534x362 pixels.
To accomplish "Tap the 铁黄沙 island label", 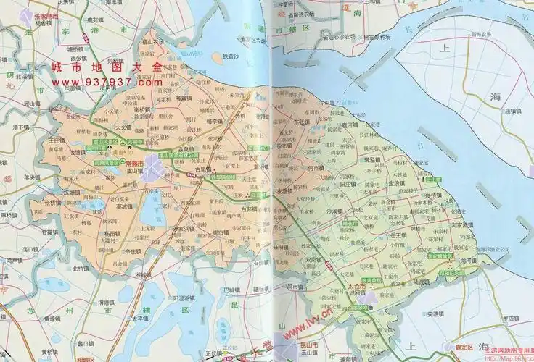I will (x=231, y=57).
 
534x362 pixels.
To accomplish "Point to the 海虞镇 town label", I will (x=186, y=97).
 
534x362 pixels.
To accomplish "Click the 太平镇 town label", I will (x=139, y=317).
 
